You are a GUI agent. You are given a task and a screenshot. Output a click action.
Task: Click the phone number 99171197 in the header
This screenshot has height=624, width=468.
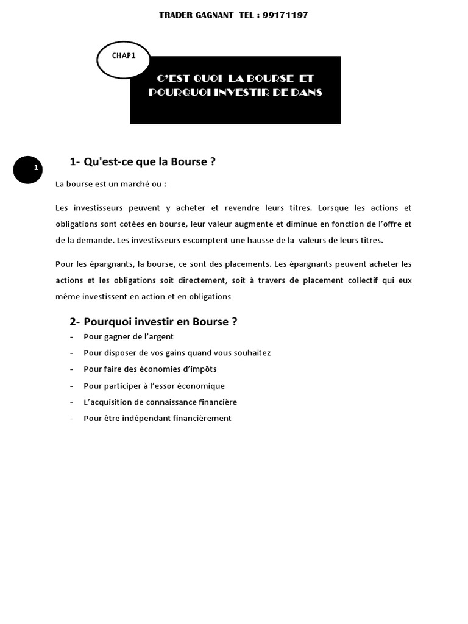click(x=286, y=15)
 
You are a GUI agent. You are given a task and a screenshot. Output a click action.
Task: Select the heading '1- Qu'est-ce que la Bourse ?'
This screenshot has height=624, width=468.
click(x=143, y=161)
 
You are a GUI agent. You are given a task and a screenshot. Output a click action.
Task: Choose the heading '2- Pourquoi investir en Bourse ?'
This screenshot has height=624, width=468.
click(x=153, y=322)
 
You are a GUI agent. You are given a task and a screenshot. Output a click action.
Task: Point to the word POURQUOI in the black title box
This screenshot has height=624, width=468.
click(x=177, y=93)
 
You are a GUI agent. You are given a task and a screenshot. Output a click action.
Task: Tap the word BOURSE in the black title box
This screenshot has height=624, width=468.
click(x=268, y=79)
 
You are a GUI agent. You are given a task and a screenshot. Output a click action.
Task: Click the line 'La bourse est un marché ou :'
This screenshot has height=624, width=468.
click(x=111, y=184)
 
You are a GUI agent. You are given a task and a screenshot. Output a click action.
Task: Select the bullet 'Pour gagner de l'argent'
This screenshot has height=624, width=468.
click(x=129, y=336)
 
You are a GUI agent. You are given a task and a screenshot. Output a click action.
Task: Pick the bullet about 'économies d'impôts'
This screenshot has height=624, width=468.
click(x=150, y=369)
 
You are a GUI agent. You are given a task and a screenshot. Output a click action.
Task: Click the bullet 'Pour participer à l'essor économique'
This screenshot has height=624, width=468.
click(x=154, y=386)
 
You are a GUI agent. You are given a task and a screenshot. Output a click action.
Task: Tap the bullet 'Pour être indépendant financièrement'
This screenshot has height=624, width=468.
click(x=157, y=419)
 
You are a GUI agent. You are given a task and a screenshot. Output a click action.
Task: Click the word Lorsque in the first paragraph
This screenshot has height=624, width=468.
click(x=335, y=207)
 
